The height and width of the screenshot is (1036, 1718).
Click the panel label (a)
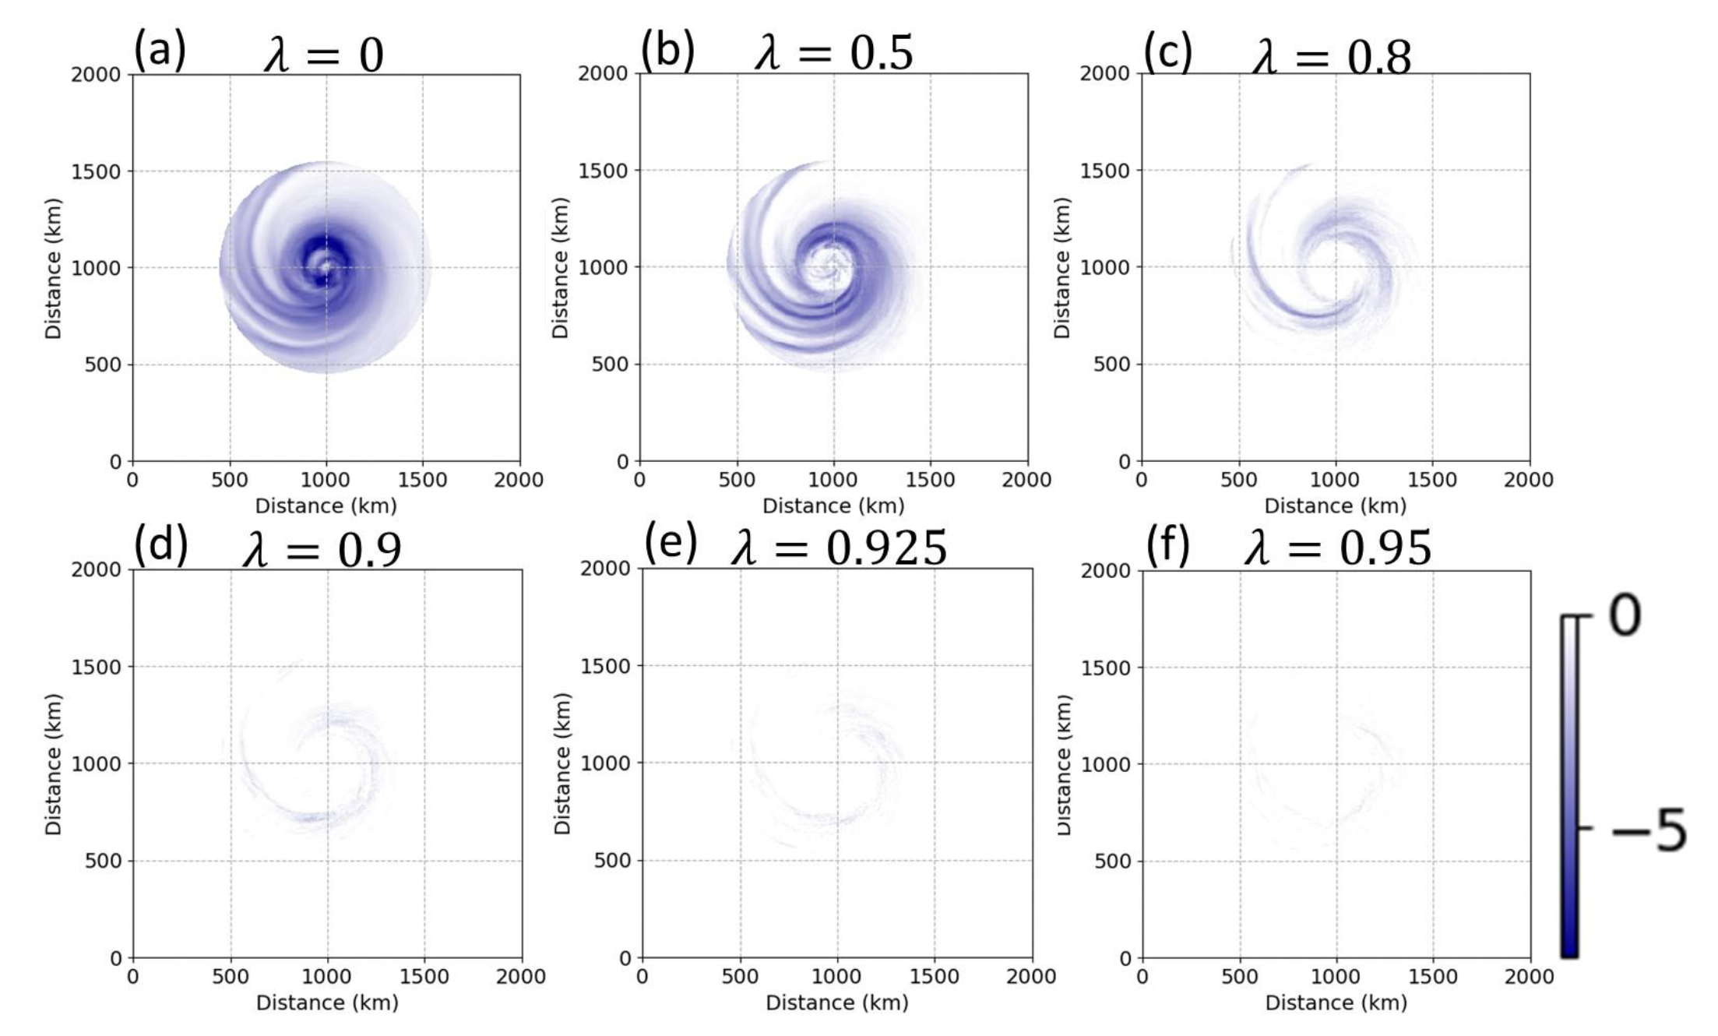(x=160, y=51)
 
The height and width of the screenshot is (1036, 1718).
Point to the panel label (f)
(x=1167, y=547)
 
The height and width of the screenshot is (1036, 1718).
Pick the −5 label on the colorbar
(x=1648, y=831)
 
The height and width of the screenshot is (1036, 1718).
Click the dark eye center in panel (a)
(x=326, y=267)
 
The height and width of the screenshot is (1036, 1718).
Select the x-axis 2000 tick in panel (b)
(x=1026, y=481)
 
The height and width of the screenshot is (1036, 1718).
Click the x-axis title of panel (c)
(x=1335, y=506)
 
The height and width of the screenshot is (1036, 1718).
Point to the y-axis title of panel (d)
(x=53, y=763)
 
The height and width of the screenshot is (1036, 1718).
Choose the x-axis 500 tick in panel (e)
(x=739, y=977)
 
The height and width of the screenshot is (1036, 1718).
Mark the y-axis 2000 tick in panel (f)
(x=1105, y=571)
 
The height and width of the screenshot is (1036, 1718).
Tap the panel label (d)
(x=160, y=547)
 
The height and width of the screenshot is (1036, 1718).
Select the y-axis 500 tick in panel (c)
(x=1111, y=365)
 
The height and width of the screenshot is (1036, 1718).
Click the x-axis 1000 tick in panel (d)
(x=327, y=977)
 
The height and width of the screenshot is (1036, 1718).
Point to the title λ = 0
(x=323, y=56)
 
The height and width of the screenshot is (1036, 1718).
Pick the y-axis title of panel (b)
(x=560, y=267)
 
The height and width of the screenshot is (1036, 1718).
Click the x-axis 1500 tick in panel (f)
(x=1433, y=977)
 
